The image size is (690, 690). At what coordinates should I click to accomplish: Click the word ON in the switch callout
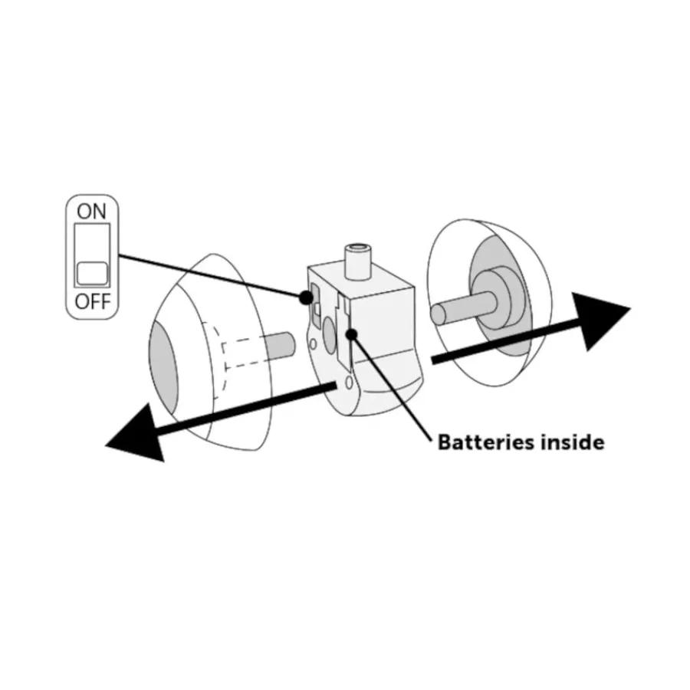[91, 212]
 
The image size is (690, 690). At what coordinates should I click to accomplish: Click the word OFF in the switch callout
[93, 302]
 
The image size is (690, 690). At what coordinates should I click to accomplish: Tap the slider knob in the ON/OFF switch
[92, 273]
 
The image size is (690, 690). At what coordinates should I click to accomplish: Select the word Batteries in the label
[485, 442]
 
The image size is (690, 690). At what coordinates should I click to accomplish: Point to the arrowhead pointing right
[601, 321]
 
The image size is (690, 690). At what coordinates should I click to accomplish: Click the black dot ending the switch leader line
[305, 298]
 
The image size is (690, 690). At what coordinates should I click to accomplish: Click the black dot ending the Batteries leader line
[351, 334]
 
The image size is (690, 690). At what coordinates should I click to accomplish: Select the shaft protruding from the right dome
[463, 308]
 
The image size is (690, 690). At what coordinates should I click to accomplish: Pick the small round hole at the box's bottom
[349, 383]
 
